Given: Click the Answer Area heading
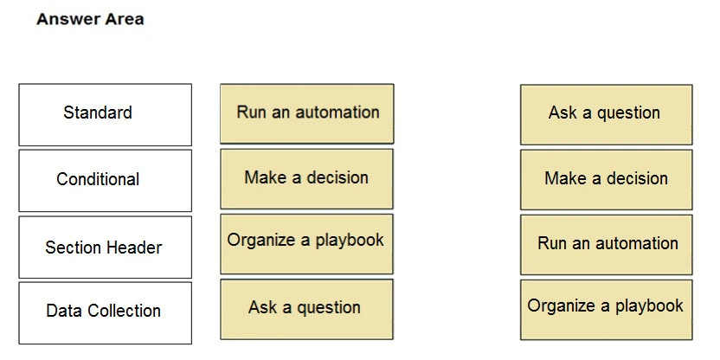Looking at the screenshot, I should pyautogui.click(x=90, y=19).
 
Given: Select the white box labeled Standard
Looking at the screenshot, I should pyautogui.click(x=105, y=114).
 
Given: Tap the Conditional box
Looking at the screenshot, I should pyautogui.click(x=105, y=180).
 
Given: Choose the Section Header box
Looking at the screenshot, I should pyautogui.click(x=105, y=247).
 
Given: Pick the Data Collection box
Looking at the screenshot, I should pyautogui.click(x=105, y=312).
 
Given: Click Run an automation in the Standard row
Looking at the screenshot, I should pyautogui.click(x=307, y=112).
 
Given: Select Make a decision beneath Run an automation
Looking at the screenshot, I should pyautogui.click(x=306, y=178).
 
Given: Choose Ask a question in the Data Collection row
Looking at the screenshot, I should pyautogui.click(x=305, y=308).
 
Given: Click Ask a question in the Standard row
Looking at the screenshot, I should pyautogui.click(x=605, y=113).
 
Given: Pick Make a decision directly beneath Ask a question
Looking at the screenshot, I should pyautogui.click(x=606, y=179).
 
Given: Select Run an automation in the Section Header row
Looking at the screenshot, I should pyautogui.click(x=607, y=244).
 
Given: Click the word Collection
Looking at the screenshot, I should pyautogui.click(x=122, y=312).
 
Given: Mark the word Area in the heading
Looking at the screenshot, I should pyautogui.click(x=125, y=19).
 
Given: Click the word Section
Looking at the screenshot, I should pyautogui.click(x=74, y=247).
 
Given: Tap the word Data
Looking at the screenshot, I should pyautogui.click(x=62, y=312).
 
